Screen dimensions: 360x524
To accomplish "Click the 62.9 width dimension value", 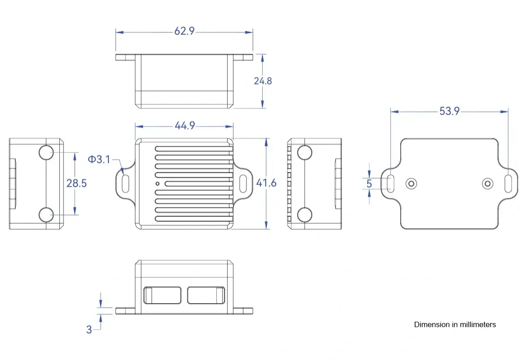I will coord(184,31).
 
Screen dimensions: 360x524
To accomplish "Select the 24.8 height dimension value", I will coord(263,81).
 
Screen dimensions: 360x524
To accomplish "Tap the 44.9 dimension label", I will coord(184,126).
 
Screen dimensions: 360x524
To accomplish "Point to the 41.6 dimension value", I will coord(266,183).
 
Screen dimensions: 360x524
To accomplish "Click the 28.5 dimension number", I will coord(76,183).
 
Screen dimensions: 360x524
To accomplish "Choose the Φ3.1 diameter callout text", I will coord(99,159).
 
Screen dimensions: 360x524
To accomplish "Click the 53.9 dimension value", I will coord(449,111).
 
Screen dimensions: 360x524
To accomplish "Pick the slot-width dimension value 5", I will coord(369,184).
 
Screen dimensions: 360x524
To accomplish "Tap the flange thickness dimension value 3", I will coord(89,329).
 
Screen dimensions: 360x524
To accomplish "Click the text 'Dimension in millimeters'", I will coord(455,324).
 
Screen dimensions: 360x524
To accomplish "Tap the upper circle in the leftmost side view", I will coord(46,153).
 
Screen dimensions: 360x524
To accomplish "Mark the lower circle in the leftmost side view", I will coord(46,215).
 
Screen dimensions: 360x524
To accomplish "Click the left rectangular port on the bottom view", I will coord(162,295).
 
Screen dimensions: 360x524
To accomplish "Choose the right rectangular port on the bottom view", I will coord(206,295).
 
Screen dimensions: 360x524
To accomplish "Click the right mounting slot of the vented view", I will coord(244,184).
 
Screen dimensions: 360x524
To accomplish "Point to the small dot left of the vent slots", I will coord(157,184).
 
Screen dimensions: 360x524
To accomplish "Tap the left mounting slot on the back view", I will coord(391,184).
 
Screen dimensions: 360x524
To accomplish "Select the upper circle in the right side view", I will coord(305,152).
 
